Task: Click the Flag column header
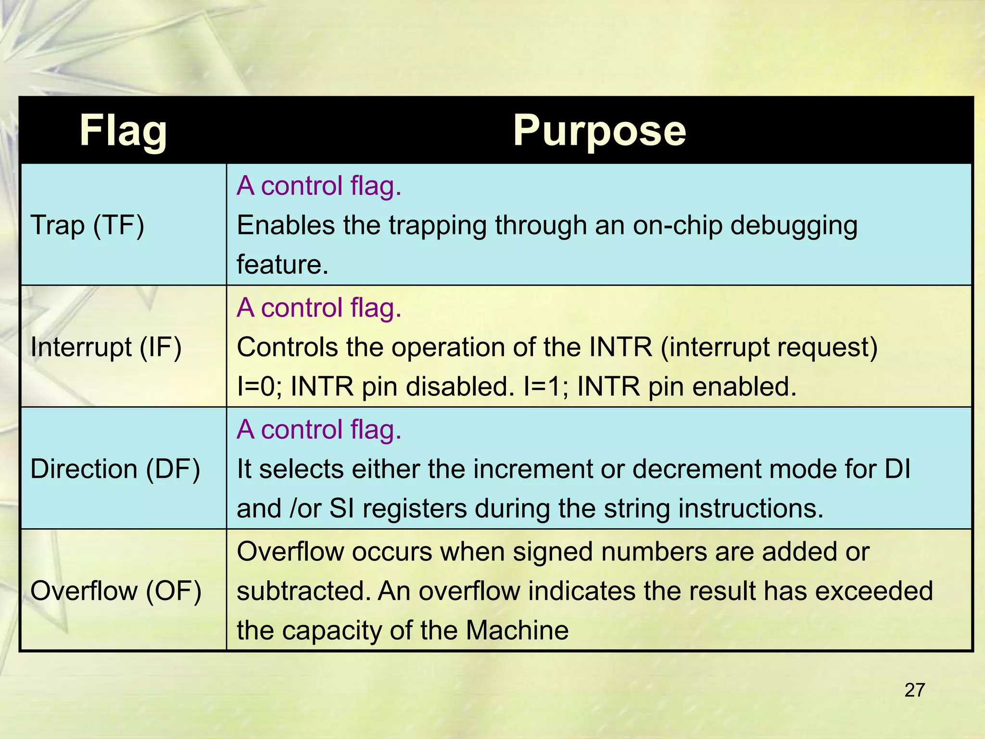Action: pos(123,131)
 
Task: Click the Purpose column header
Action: pos(599,131)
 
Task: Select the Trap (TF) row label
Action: pos(87,225)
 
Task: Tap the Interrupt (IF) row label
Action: pos(106,347)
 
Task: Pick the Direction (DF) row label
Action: pos(115,469)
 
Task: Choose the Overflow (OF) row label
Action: pos(115,591)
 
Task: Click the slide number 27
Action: pos(914,690)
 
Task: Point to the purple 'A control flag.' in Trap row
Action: pos(319,186)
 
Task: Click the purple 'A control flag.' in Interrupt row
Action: pos(319,307)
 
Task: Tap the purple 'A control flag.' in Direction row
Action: pos(319,429)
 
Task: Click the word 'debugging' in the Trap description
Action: pos(794,226)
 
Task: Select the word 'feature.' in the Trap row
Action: pos(282,265)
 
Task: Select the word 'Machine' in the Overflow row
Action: pos(517,630)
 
